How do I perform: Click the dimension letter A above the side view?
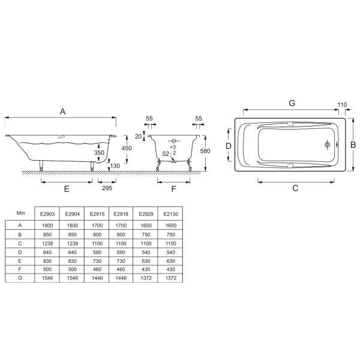pos(62,112)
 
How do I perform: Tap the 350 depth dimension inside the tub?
pos(99,152)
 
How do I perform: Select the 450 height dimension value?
pos(127,148)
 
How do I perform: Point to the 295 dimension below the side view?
pos(107,188)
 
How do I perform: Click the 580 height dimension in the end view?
pos(205,151)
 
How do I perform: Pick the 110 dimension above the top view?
pos(342,104)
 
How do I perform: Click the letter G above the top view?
pos(292,103)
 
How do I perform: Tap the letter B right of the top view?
pos(353,145)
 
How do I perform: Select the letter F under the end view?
pos(173,189)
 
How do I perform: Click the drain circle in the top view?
pos(328,145)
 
